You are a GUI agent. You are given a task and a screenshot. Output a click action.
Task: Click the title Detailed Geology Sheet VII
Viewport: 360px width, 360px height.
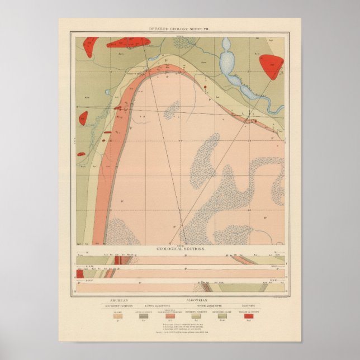click(179, 28)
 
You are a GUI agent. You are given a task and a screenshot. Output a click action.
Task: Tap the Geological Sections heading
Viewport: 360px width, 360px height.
click(179, 247)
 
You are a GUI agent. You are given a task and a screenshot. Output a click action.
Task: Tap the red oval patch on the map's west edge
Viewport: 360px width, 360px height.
click(83, 119)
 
